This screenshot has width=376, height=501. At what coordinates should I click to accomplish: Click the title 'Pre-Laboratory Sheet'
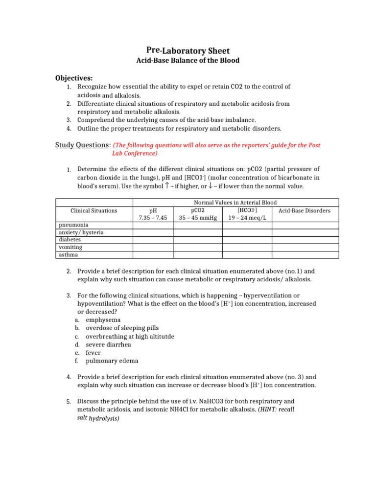point(188,50)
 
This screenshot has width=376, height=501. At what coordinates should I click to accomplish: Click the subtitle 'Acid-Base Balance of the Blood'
point(188,61)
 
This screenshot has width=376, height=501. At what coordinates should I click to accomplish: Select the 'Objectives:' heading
point(74,78)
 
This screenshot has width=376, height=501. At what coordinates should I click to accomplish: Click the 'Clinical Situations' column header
point(94,211)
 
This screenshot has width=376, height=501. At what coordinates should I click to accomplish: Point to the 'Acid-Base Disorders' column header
point(305,211)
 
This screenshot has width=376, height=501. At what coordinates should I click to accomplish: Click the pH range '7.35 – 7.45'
point(153,218)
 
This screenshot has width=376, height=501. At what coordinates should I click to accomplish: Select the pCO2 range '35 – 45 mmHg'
point(198,218)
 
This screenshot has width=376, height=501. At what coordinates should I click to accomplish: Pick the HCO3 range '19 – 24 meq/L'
point(247,218)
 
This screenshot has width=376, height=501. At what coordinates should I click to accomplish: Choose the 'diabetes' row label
point(70,240)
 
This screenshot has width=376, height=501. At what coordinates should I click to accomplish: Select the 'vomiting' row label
point(70,248)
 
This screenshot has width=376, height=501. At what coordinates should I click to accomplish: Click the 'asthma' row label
point(68,255)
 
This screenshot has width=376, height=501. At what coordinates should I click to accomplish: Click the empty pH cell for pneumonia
point(153,226)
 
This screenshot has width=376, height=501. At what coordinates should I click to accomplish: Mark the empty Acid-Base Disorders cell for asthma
point(305,255)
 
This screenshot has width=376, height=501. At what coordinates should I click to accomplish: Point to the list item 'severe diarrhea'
point(108,344)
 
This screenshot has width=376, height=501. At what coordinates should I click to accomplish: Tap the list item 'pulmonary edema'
point(112,361)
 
